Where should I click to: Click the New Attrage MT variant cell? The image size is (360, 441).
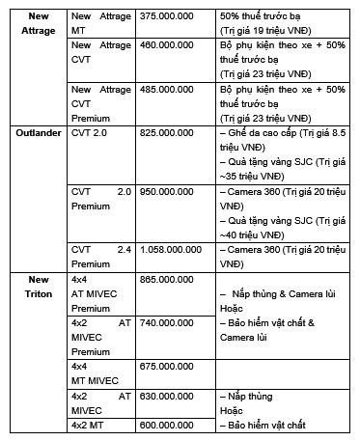(100, 24)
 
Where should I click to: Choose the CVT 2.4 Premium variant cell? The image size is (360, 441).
(100, 257)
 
